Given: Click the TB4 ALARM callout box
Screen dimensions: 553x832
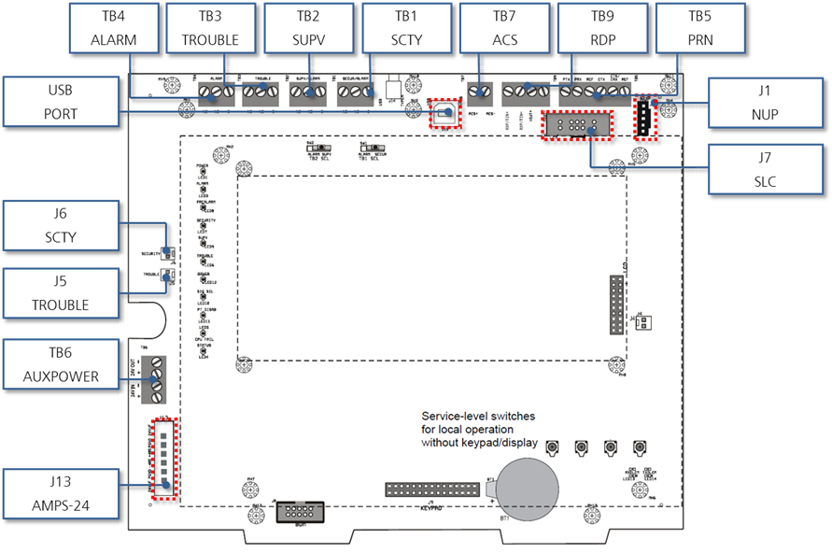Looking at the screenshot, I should point(115,28).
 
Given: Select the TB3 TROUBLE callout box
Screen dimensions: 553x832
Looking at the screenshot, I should point(212,28).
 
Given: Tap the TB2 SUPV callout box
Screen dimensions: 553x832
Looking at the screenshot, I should point(308,28).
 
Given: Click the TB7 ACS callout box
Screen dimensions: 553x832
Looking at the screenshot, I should point(505,28).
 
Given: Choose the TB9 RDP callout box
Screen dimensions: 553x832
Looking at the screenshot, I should point(602,28).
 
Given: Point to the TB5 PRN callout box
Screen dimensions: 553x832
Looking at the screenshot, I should point(699,28).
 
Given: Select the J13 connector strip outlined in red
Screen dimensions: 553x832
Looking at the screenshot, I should point(164,458).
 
